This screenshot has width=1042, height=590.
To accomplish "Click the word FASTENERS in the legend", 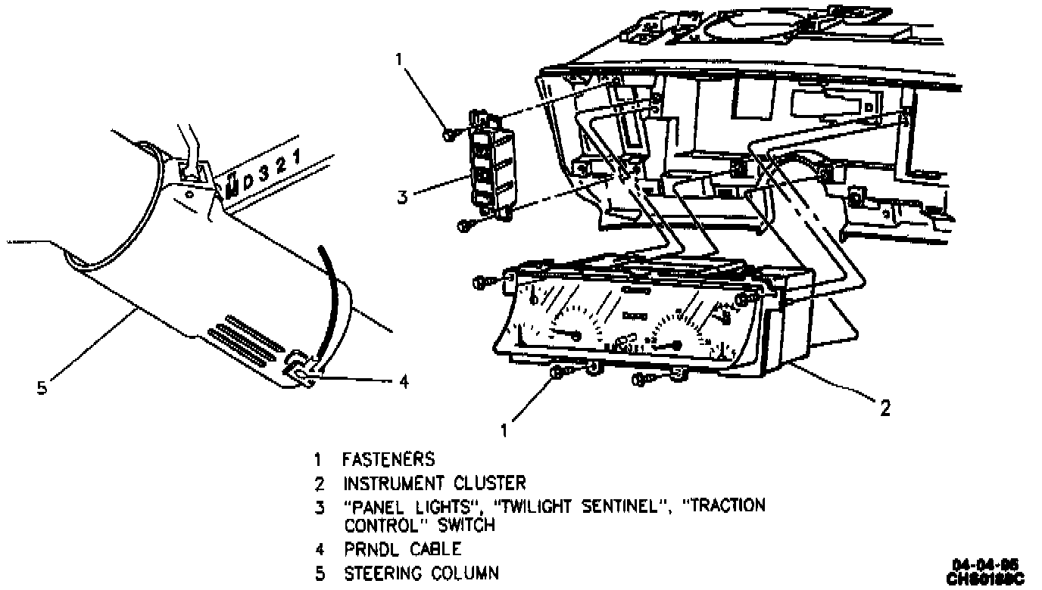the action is coord(388,458).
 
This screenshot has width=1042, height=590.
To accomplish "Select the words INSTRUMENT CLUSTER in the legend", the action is coord(434,483).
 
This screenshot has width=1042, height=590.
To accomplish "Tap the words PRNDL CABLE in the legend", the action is coord(402,549).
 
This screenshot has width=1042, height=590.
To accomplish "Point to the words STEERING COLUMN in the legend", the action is coord(422,573).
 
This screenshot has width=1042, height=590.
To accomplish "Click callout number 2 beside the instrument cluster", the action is coord(884,408).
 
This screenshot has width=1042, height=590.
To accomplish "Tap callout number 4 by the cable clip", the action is coord(404,382).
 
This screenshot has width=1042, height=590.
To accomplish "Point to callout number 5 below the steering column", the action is coord(42,389).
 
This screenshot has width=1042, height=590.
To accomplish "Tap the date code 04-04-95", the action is coord(985,564).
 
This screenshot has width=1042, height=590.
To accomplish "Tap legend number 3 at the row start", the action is coord(320,506).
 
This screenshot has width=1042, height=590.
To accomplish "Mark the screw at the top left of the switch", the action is coord(449,134).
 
